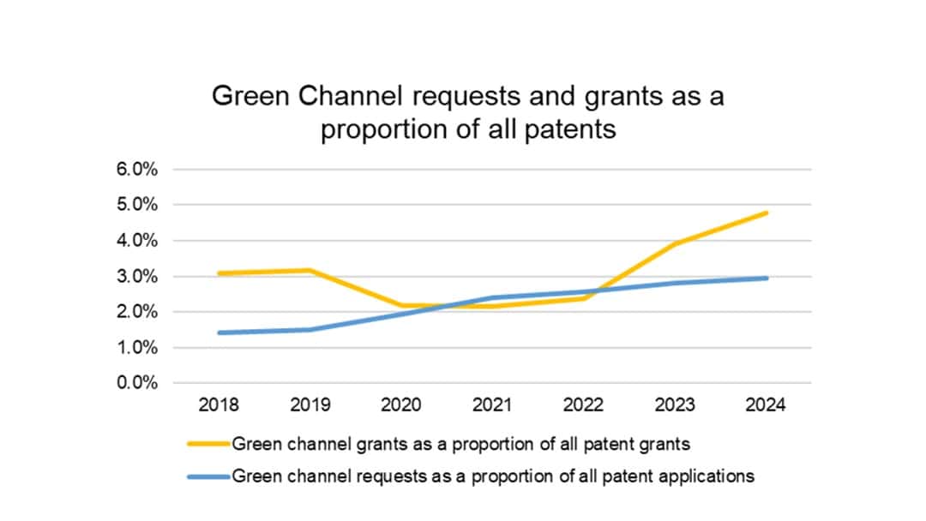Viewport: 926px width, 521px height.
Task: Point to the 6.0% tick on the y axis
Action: point(137,170)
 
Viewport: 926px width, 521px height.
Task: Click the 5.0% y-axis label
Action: point(137,205)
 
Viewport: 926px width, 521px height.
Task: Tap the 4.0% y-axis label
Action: point(137,241)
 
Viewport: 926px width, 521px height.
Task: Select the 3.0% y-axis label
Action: point(137,277)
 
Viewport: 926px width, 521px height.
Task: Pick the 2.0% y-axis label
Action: point(137,312)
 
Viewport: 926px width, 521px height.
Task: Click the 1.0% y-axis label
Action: point(137,348)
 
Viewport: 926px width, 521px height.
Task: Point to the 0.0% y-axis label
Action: point(137,383)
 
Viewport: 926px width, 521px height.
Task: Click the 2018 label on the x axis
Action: point(219,405)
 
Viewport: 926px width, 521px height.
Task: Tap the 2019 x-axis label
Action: point(310,405)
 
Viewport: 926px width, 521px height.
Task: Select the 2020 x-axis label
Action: point(400,405)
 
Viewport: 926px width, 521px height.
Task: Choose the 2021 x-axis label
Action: point(492,405)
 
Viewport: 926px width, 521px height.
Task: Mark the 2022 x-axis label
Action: point(583,405)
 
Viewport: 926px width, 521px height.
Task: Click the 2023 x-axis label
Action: point(675,405)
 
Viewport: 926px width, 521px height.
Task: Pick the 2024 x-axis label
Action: point(766,405)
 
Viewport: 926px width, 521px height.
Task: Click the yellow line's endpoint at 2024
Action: point(767,213)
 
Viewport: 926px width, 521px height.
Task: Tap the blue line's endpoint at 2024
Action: point(767,278)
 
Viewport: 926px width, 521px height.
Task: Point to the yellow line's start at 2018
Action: point(219,273)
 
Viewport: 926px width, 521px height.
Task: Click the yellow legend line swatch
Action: point(208,444)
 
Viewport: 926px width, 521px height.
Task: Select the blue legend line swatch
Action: point(208,476)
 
